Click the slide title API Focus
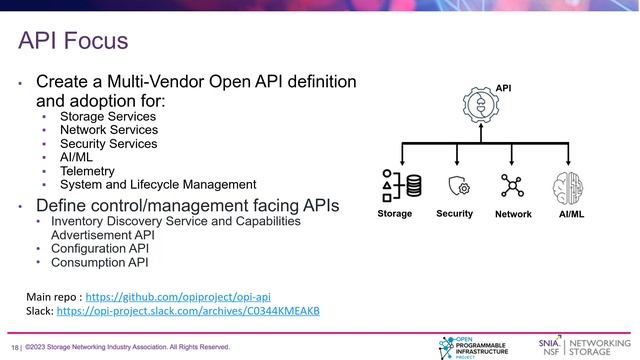click(x=73, y=41)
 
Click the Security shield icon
click(x=458, y=186)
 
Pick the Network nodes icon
click(x=512, y=186)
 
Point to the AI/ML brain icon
click(x=568, y=186)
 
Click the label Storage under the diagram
click(x=394, y=214)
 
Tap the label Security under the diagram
click(x=455, y=214)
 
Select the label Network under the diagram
click(x=513, y=215)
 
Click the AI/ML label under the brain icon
click(x=570, y=214)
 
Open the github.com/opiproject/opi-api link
click(x=177, y=297)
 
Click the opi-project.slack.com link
click(x=188, y=311)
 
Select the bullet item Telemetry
click(x=86, y=171)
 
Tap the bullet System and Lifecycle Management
click(x=158, y=184)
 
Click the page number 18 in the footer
click(x=15, y=347)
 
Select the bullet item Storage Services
click(x=108, y=116)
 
